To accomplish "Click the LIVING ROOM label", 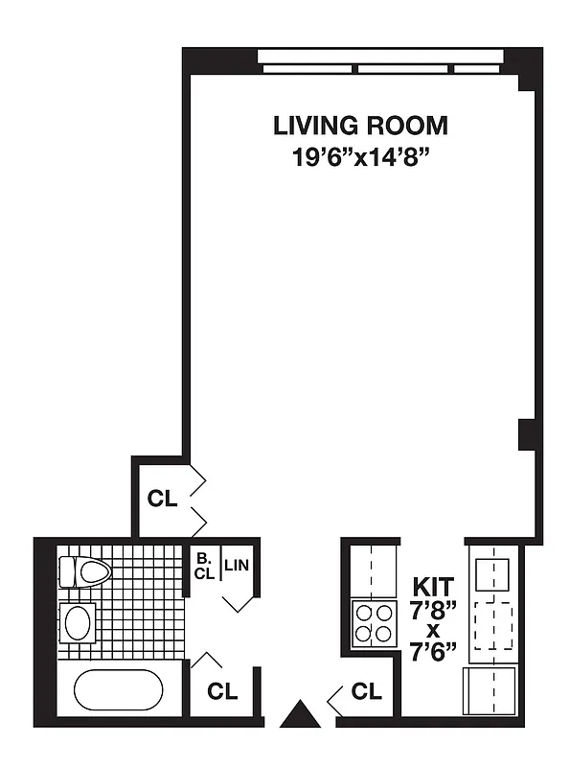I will click(x=360, y=126).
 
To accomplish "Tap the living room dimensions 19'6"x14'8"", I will click(x=360, y=156).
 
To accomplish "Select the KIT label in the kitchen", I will click(x=434, y=585).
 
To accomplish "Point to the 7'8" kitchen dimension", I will click(x=434, y=609).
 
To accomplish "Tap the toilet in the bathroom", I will click(x=85, y=572).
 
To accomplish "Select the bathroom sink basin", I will click(x=77, y=622).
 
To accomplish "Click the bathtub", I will click(x=118, y=690).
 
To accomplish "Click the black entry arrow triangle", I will click(x=300, y=714).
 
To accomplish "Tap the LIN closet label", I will click(x=237, y=566).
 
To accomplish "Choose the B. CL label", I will click(x=203, y=566).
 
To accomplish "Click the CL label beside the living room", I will click(x=162, y=499).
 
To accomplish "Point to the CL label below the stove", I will click(x=366, y=690).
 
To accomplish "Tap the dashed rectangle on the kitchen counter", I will click(x=493, y=623).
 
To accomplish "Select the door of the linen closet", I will click(x=239, y=602).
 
